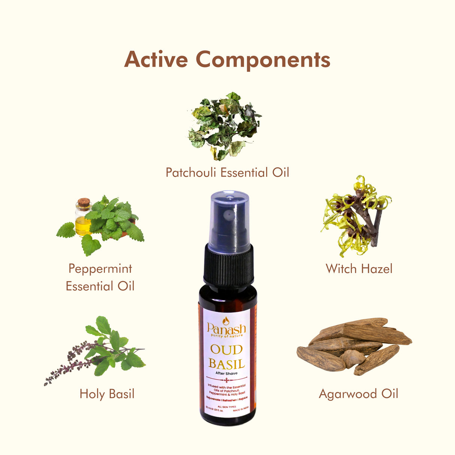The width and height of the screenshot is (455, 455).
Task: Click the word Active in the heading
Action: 156,60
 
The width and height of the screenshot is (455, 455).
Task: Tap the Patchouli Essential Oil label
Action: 227,172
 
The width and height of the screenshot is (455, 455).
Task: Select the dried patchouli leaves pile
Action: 224,126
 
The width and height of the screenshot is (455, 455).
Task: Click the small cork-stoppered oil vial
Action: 83,217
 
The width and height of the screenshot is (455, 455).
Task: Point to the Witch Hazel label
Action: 359,268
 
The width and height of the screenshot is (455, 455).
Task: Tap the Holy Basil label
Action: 107,394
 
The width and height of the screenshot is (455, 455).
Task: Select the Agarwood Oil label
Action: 358,394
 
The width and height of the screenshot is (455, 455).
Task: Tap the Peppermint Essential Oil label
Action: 100,277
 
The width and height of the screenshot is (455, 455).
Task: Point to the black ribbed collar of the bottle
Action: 228,264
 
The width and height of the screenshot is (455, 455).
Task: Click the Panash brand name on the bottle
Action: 226,329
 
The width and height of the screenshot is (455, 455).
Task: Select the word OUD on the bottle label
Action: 226,350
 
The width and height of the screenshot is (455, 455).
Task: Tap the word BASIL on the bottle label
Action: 226,364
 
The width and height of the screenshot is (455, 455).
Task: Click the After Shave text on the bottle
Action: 226,373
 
